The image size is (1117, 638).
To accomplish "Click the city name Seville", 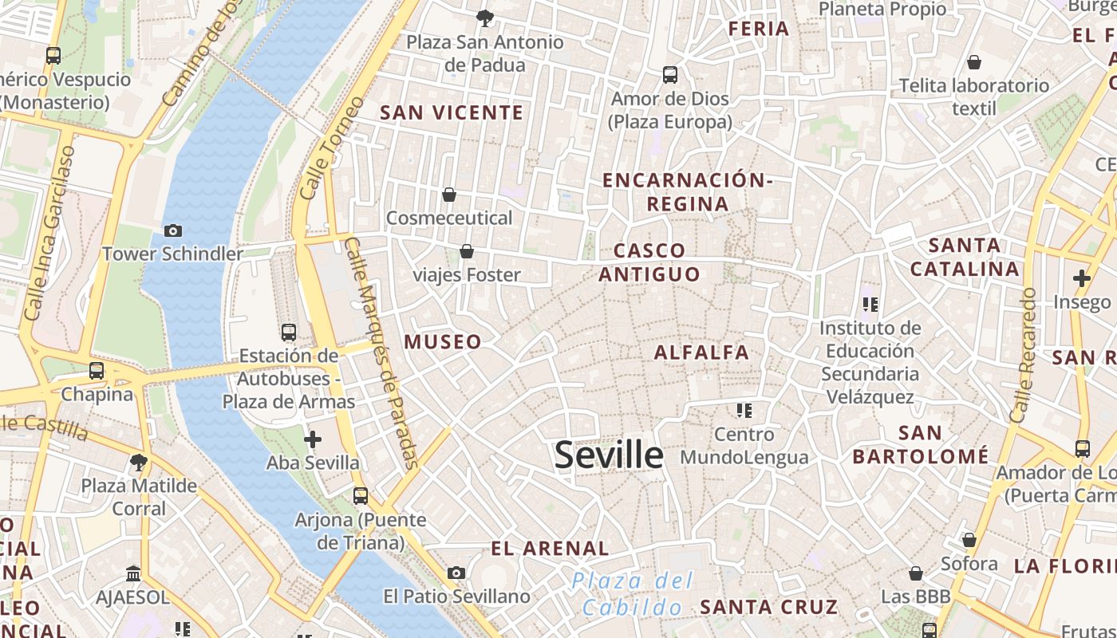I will click(x=609, y=455).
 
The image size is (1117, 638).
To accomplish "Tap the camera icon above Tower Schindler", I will click(x=172, y=231).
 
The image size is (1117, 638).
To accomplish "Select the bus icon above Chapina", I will click(x=97, y=371).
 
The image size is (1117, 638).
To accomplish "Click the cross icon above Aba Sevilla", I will click(x=313, y=439).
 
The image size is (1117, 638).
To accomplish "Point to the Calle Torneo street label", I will click(x=334, y=148).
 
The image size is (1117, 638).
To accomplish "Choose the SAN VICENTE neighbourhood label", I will click(x=452, y=112).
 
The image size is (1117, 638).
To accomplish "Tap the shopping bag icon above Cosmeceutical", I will click(x=449, y=195).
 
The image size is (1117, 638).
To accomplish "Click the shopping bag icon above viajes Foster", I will click(x=467, y=252).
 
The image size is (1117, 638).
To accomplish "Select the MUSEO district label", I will click(x=443, y=342).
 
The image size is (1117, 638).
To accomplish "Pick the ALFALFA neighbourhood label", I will click(x=702, y=352).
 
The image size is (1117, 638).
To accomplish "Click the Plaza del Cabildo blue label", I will click(x=633, y=594).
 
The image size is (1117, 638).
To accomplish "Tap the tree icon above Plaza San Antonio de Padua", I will click(x=484, y=18).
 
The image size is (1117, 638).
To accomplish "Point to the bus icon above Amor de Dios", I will click(x=670, y=75).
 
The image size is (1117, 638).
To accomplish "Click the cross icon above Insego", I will click(x=1082, y=278).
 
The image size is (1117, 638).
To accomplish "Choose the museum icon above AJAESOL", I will click(x=133, y=573).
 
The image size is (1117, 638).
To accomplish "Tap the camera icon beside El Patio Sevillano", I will click(x=456, y=573).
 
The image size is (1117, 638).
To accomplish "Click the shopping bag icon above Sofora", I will click(x=969, y=541).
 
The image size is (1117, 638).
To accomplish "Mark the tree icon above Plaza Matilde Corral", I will click(x=139, y=462).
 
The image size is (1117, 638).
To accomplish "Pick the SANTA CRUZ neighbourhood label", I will click(x=769, y=607).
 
